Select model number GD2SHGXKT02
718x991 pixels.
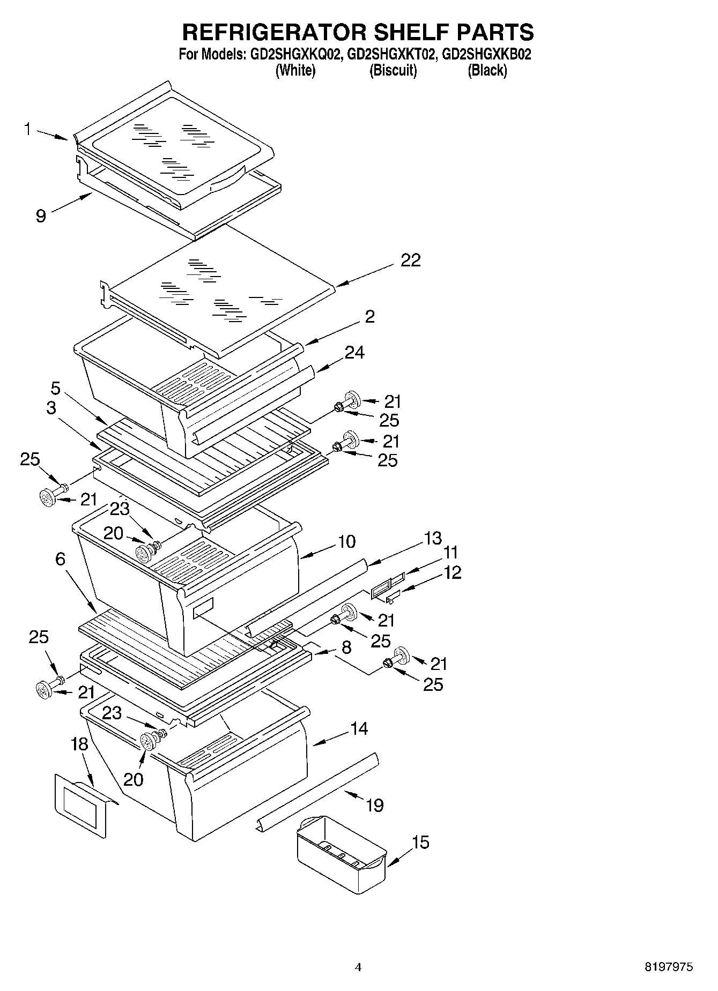(x=389, y=54)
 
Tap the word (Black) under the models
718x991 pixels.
(x=487, y=70)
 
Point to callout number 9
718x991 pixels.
(x=41, y=215)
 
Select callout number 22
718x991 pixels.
(x=410, y=260)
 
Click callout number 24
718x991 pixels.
(x=354, y=353)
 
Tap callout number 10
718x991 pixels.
(x=346, y=541)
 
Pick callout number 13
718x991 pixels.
(x=432, y=538)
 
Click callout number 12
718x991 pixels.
(x=452, y=572)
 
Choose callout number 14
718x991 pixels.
(x=359, y=728)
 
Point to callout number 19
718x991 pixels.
(x=374, y=804)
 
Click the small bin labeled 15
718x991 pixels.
(x=340, y=852)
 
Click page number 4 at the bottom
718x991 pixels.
(x=358, y=967)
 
